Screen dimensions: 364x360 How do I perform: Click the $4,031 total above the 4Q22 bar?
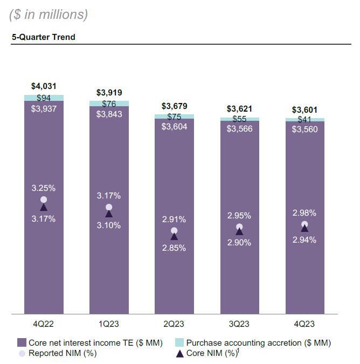44,86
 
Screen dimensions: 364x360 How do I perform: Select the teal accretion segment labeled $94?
44,98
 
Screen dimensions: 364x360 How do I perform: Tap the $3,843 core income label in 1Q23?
109,114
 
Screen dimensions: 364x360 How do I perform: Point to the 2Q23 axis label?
174,324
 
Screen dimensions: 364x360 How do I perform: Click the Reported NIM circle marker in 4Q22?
44,200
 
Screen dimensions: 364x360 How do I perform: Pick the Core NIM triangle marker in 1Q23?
109,214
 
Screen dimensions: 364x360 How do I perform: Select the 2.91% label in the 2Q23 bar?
174,219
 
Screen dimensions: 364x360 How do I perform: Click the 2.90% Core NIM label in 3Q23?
239,243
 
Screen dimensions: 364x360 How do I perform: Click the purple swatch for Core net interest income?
22,343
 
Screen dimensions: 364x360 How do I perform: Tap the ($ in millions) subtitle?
49,15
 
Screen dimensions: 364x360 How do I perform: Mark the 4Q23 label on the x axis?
304,324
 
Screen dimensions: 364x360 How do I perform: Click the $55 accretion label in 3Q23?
239,119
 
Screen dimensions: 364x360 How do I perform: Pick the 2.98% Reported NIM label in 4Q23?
304,213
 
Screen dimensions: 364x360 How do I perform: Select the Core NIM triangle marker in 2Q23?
174,236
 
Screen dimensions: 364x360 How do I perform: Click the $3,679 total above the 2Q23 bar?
174,106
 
